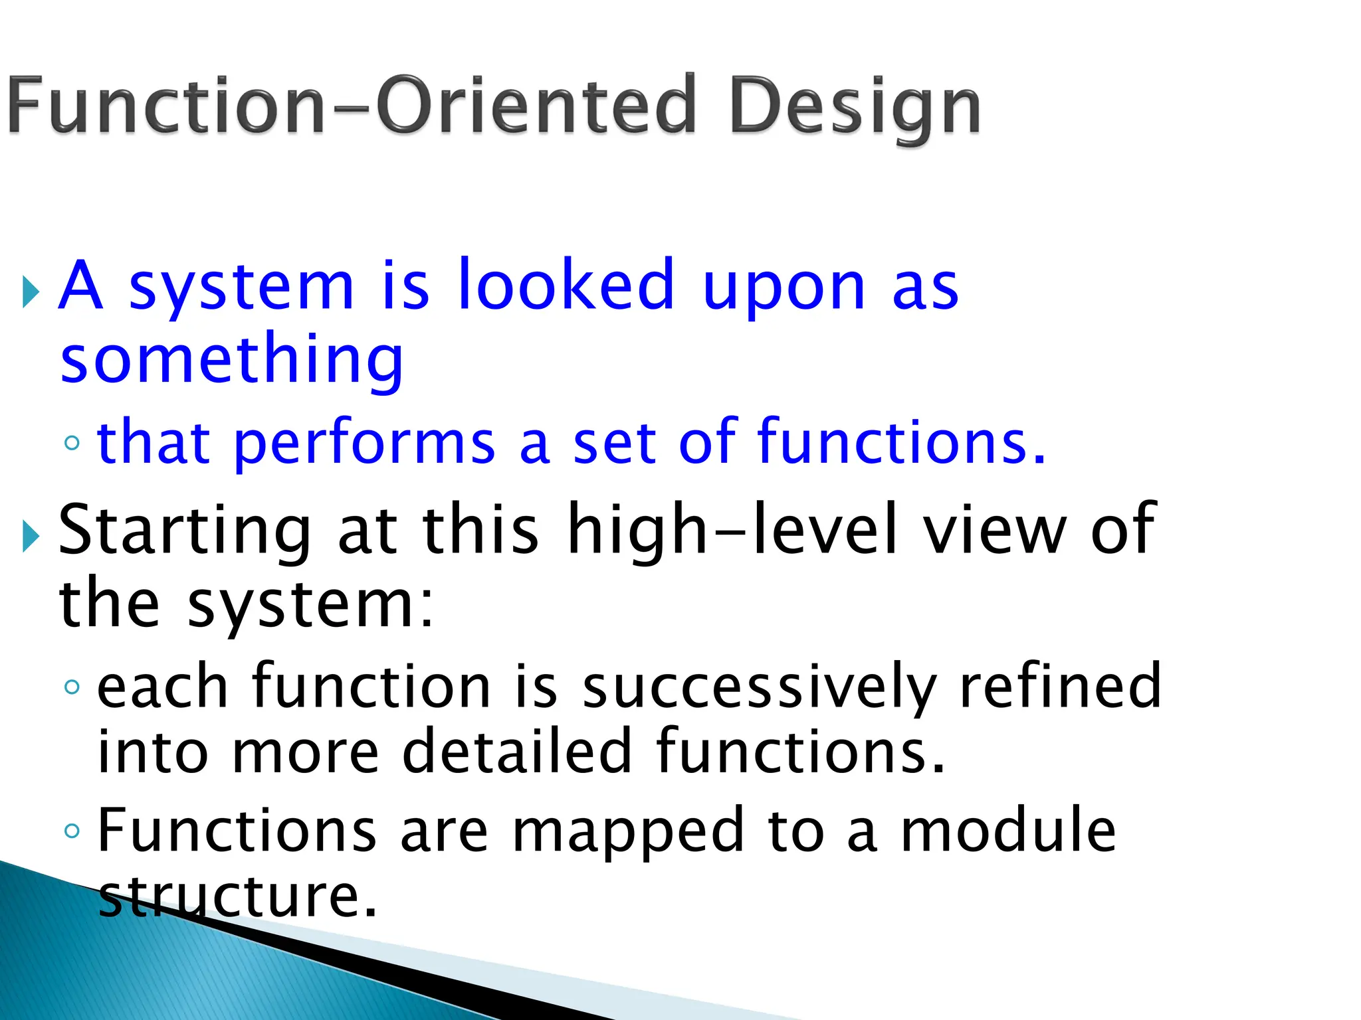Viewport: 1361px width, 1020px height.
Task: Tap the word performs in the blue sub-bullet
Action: (x=364, y=444)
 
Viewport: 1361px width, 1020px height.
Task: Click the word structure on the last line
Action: (x=238, y=896)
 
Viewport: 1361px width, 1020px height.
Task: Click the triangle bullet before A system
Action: (x=31, y=292)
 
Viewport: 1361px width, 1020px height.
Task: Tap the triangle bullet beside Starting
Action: (x=31, y=536)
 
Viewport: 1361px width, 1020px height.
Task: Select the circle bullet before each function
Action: (x=72, y=687)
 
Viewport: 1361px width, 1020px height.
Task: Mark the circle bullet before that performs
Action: (x=72, y=443)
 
